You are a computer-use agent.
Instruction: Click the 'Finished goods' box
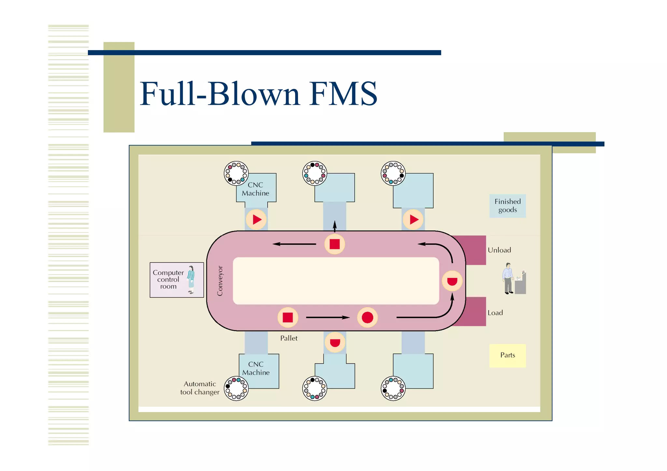(x=507, y=206)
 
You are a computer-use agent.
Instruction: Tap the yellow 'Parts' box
(x=507, y=355)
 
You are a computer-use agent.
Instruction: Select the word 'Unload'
(x=499, y=250)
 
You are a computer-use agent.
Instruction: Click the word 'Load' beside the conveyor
(x=495, y=313)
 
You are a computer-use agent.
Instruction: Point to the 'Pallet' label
(x=289, y=338)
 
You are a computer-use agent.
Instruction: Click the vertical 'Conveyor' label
(x=220, y=281)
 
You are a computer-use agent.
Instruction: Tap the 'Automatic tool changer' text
(x=200, y=388)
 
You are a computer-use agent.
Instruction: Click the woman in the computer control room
(x=191, y=280)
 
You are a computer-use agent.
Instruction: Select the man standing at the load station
(x=508, y=278)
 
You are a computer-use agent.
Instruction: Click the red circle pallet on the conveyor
(x=367, y=317)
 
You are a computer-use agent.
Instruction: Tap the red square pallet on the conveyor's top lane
(x=334, y=244)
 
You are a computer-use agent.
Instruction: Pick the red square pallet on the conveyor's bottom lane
(x=288, y=317)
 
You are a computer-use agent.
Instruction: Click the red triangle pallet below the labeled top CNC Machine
(x=256, y=219)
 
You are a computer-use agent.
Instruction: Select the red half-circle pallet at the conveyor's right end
(x=452, y=281)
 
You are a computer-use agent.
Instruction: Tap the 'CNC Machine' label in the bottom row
(x=256, y=368)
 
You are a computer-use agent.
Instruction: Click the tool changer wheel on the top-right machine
(x=393, y=173)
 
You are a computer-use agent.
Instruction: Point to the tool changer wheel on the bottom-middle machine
(x=315, y=388)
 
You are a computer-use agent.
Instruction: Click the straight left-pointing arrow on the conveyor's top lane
(x=294, y=244)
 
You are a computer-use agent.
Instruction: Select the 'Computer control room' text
(x=168, y=280)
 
